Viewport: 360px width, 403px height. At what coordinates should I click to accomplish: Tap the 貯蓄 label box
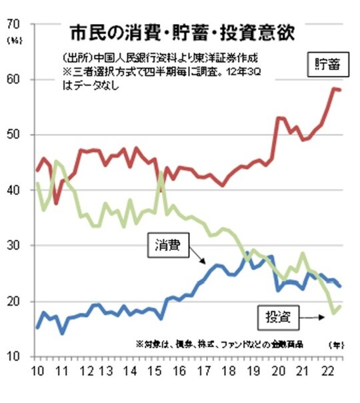326,65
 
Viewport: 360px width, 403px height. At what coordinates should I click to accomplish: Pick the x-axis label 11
62,370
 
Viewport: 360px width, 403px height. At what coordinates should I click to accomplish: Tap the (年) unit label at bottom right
335,344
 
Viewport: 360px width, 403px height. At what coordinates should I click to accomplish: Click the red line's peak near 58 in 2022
333,88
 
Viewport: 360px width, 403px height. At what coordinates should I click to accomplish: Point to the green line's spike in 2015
161,174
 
